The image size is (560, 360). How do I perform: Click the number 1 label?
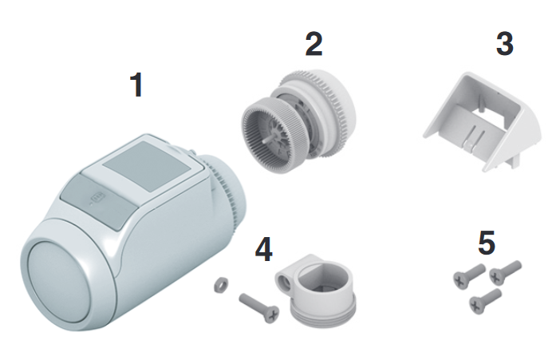click(137, 85)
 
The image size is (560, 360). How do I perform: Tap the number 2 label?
click(314, 44)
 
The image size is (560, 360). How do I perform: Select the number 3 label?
click(505, 44)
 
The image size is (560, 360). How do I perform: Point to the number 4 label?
click(263, 249)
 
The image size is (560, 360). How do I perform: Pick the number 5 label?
click(487, 243)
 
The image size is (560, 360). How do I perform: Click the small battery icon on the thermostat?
click(97, 197)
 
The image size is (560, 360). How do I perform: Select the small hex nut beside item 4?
click(222, 285)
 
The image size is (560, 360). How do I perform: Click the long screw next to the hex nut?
click(259, 307)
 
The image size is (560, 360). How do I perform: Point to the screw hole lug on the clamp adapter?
click(285, 276)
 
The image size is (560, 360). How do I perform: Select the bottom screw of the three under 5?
click(485, 302)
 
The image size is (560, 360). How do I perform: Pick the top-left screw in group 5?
click(469, 276)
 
